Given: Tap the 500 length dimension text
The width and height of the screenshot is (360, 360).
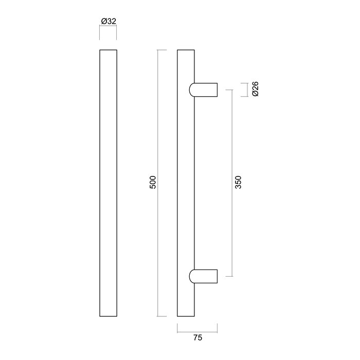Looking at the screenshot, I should pos(152,183).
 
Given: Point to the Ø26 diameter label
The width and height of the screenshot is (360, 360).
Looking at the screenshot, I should pos(256,89).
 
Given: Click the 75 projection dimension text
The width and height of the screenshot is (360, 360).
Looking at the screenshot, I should pos(197,338).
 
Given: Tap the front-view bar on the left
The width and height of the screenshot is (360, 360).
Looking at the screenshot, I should pos(107,183).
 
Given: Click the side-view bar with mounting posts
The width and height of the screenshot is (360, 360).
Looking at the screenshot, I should pos(186,183).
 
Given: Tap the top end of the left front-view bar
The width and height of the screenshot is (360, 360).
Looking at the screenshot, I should pos(107,50).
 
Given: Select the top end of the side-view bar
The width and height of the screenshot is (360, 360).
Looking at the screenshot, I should pos(186,50).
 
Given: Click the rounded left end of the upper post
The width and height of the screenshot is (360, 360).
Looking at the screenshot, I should pos(191,89).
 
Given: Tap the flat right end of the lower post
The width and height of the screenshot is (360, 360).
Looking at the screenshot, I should pos(217,276).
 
